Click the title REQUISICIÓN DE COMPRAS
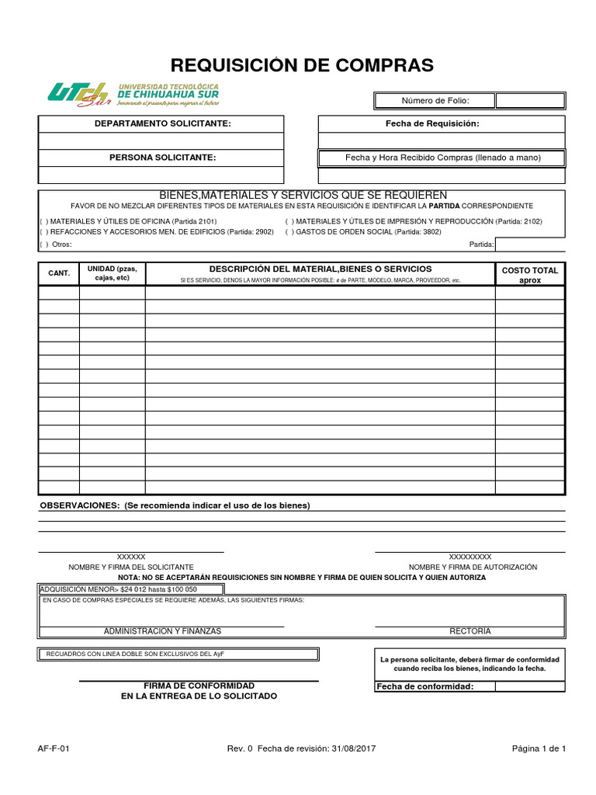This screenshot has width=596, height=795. [x=302, y=65]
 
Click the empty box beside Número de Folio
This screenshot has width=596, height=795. [x=530, y=101]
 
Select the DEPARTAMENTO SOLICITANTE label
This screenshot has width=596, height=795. [x=162, y=123]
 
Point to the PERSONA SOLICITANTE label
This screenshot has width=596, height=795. [x=162, y=158]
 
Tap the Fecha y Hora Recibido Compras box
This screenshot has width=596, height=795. [x=442, y=158]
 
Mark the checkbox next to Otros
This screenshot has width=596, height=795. [x=43, y=245]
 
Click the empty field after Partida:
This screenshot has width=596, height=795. [x=530, y=245]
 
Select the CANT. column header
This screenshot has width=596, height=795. [x=59, y=273]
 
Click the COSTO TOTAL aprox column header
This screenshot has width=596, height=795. [x=530, y=275]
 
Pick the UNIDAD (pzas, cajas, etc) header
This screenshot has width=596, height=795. [x=112, y=273]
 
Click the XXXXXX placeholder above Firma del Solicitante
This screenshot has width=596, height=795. [x=131, y=557]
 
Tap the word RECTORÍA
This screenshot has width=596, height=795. [x=470, y=631]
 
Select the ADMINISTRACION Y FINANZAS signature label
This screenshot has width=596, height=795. [x=162, y=631]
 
